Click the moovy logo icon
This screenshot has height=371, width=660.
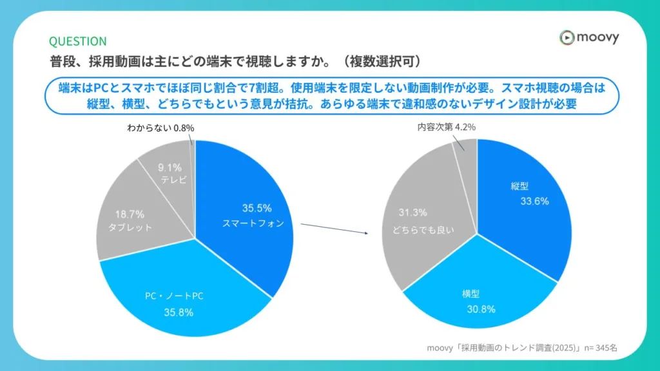pos(567,37)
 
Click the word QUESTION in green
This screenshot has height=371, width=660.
pos(78,41)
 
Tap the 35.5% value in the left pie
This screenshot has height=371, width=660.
pos(257,209)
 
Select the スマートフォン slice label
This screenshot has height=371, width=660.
pos(253,224)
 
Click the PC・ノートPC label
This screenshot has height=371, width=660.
pos(175,296)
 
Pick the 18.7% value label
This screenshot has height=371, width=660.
pos(130,214)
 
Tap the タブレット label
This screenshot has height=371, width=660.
pos(130,227)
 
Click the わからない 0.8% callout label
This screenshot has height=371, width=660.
pos(160,128)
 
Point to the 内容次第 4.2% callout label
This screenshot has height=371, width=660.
pos(446,128)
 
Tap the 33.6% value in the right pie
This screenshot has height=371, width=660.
pos(534,201)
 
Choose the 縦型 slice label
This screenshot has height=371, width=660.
pos(519,186)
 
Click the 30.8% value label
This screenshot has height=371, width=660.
pos(480,309)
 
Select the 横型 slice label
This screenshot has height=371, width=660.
pos(471,294)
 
